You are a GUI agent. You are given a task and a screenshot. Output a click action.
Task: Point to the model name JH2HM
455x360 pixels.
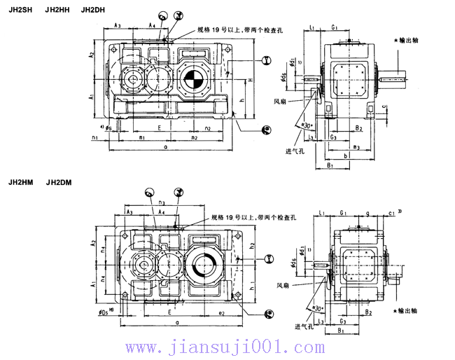pos(20,184)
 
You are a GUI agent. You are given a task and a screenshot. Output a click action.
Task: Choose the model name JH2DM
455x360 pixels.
pos(57,184)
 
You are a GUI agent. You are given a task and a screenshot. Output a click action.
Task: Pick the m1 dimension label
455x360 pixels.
pos(141,138)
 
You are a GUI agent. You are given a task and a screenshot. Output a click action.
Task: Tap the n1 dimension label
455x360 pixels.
pos(94,138)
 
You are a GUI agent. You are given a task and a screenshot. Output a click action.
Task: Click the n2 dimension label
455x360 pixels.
pos(207,129)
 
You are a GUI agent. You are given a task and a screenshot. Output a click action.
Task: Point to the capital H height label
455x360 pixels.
pos(250,81)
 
